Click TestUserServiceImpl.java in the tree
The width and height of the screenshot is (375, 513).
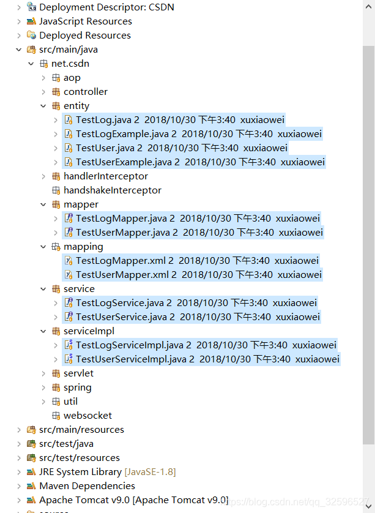(135, 359)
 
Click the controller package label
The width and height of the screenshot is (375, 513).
(86, 92)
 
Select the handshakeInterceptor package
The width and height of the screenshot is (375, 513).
(113, 190)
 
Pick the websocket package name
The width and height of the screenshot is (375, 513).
(87, 416)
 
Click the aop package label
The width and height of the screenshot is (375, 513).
(72, 78)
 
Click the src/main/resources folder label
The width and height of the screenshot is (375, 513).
(81, 430)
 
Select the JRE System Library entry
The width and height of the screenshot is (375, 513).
(80, 472)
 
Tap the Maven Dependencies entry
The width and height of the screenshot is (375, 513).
(87, 486)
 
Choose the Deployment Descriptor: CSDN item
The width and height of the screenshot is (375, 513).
(106, 7)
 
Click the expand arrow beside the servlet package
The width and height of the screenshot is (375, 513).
(43, 373)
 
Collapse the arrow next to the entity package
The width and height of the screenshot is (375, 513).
(43, 106)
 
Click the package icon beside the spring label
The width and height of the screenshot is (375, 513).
(56, 388)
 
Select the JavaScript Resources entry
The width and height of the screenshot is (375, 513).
(85, 21)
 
